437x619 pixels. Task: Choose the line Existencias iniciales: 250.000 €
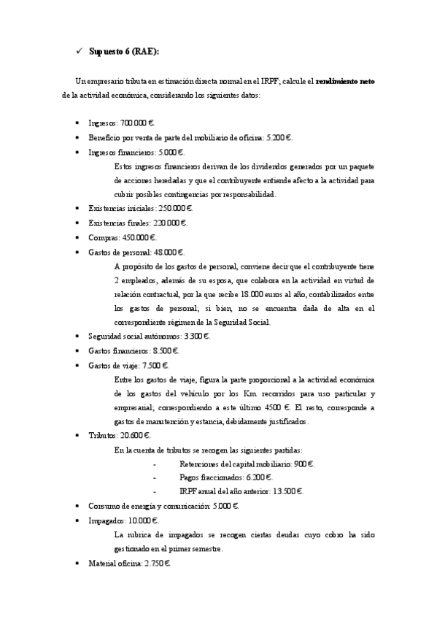click(140, 208)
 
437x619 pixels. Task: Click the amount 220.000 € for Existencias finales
click(170, 223)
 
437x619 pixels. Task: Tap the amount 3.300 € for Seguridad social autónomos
click(198, 337)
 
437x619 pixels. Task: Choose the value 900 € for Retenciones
click(303, 464)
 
